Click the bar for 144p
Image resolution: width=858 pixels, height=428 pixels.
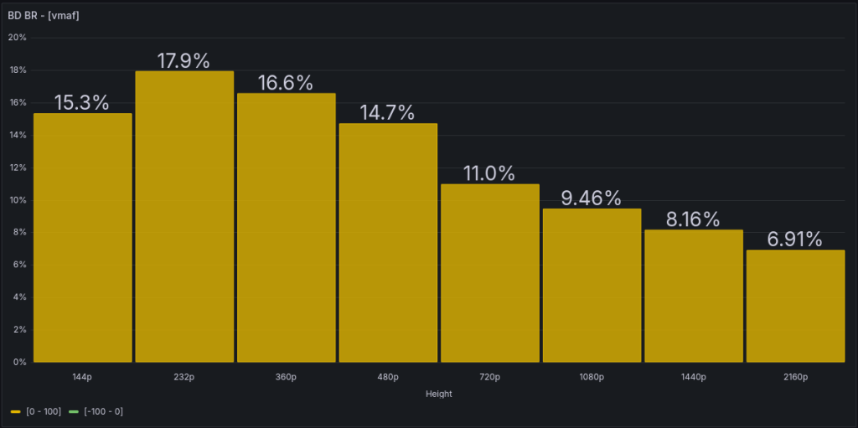click(82, 238)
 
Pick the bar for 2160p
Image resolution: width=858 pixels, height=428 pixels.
click(795, 306)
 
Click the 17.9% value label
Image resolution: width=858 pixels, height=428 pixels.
click(184, 60)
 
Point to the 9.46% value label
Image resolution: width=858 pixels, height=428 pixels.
click(592, 199)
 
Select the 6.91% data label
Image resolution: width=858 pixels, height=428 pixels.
click(795, 240)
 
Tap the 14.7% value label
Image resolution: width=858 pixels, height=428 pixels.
click(388, 113)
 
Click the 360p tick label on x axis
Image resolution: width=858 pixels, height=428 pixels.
click(286, 377)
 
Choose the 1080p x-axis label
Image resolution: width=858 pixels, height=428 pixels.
click(592, 377)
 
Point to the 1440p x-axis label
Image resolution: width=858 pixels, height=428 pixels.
click(694, 377)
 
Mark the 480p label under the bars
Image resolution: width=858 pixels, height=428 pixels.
click(388, 377)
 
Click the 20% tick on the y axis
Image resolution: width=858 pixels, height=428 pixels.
click(18, 38)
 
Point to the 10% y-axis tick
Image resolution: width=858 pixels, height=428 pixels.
click(18, 200)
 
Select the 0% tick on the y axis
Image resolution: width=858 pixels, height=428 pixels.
click(20, 362)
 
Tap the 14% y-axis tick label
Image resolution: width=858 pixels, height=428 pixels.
click(18, 135)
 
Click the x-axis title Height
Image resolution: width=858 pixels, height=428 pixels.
click(439, 394)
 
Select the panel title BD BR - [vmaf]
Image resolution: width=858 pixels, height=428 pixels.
click(44, 15)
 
